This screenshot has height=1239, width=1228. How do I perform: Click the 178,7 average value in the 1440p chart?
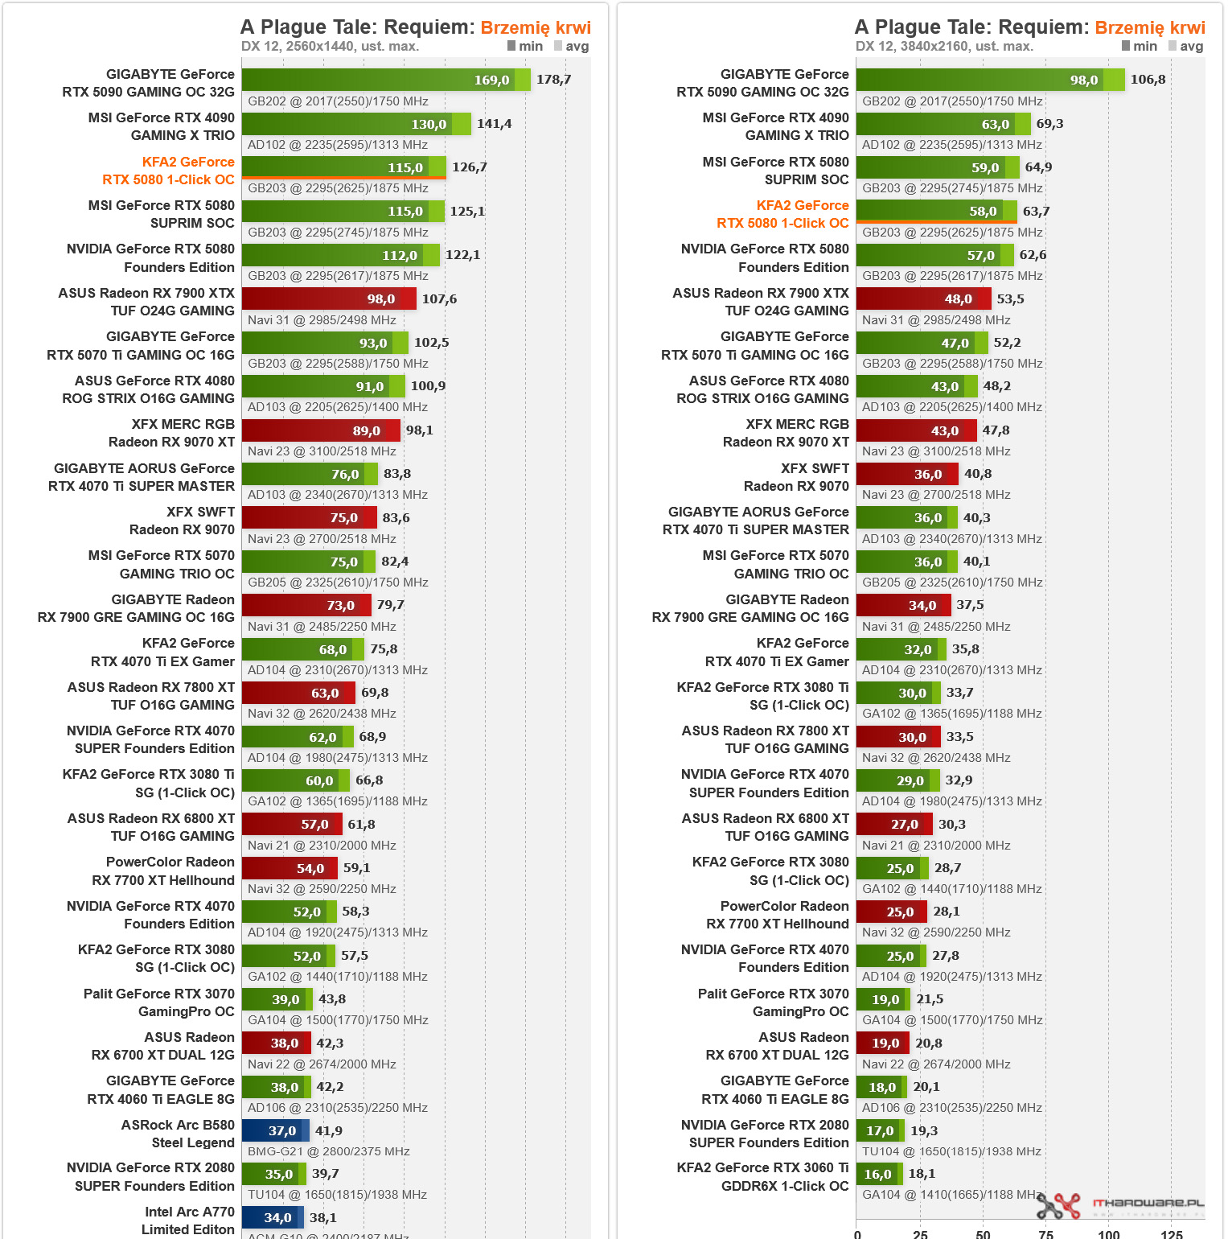coord(553,80)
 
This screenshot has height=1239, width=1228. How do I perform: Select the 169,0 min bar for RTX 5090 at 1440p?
coord(378,80)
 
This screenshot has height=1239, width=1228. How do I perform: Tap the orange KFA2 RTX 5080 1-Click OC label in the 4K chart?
coord(782,214)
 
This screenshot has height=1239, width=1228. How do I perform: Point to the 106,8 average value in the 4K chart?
coord(1148,80)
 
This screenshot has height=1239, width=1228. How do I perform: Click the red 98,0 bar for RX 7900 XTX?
coord(328,299)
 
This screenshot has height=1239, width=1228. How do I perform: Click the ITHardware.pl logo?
coord(1121,1204)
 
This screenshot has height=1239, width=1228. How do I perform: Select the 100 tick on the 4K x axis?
coord(1109,1233)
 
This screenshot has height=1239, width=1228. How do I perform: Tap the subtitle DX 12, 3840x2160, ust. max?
coord(944,46)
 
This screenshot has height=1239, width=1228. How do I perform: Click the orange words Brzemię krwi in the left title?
coord(536,27)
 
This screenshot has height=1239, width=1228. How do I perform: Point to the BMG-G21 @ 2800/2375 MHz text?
coord(328,1151)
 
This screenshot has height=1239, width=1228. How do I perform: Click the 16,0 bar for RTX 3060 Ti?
coord(877,1174)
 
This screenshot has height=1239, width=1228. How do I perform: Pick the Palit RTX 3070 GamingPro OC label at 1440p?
coord(159,1002)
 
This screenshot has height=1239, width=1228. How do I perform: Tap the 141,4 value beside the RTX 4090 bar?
coord(494,124)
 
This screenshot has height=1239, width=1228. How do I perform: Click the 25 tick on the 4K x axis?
coord(920,1233)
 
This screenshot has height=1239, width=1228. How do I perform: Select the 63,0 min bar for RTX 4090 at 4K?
coord(935,124)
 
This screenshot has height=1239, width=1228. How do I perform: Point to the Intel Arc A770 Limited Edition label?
coord(189,1220)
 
